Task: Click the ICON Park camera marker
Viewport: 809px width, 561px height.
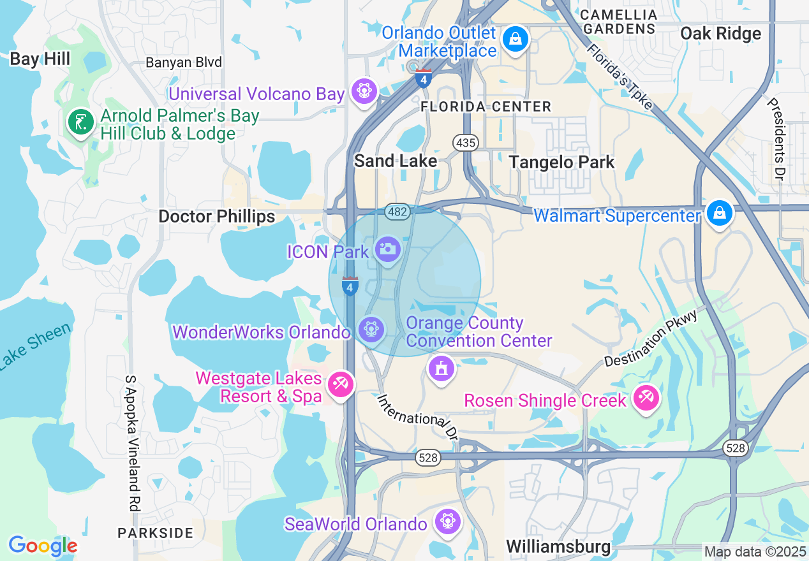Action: click(x=387, y=249)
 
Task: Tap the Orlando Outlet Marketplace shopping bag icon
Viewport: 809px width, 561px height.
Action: click(x=515, y=39)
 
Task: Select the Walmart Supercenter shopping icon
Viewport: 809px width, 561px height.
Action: click(x=719, y=213)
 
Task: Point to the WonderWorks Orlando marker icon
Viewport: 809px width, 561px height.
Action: click(x=370, y=329)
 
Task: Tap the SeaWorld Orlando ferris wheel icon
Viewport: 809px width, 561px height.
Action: click(x=448, y=521)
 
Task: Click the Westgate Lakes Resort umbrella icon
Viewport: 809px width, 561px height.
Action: click(x=341, y=384)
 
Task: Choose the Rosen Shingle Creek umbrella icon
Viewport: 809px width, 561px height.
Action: click(x=646, y=398)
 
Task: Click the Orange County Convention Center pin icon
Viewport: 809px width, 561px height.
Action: click(x=442, y=368)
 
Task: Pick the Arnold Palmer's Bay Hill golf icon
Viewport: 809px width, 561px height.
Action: click(x=80, y=122)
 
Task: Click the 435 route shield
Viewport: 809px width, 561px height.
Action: click(x=466, y=143)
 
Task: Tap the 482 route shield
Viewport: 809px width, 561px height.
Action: click(x=397, y=212)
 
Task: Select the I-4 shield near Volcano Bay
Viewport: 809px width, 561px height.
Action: click(x=423, y=78)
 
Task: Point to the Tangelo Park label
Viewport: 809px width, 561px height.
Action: click(x=561, y=162)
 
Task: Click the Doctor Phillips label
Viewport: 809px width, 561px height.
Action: click(x=216, y=216)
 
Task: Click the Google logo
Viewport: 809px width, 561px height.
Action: click(x=43, y=546)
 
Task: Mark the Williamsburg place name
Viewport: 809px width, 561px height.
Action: click(x=558, y=546)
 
